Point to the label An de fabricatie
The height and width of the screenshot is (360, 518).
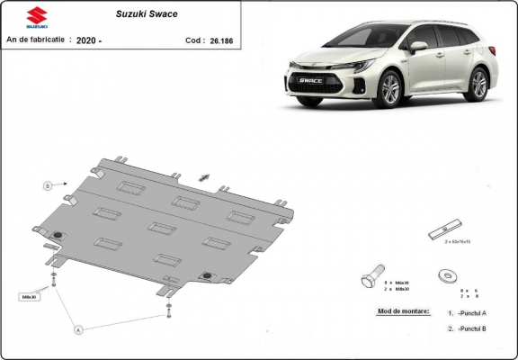point(34,40)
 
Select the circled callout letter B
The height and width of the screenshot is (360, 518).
point(47,185)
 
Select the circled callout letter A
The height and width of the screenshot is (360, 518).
point(77,329)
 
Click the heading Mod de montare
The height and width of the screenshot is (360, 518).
point(398,311)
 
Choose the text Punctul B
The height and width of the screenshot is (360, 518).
point(472,329)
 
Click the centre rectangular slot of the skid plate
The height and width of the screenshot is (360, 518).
point(162,228)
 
